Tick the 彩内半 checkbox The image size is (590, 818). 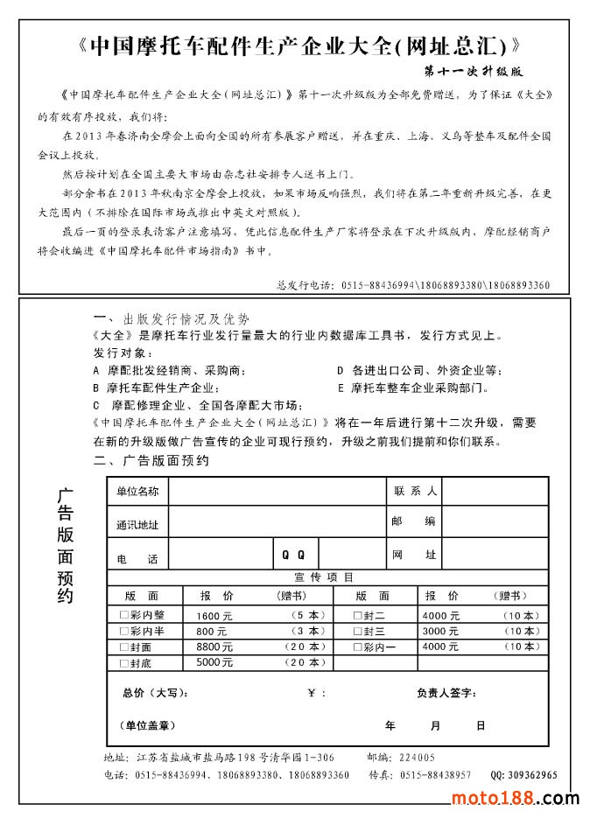coord(124,632)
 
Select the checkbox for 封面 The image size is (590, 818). coord(124,647)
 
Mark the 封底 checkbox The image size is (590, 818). coord(124,663)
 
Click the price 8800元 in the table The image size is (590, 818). coord(214,647)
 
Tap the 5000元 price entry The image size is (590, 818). coord(214,662)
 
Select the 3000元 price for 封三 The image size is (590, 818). coord(440,632)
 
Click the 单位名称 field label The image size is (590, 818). coord(137,492)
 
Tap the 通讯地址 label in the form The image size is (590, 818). coord(137,525)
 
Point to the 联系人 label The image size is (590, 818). coord(415,492)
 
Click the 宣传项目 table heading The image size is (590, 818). coord(324,577)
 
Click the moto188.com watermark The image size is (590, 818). coord(515,798)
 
